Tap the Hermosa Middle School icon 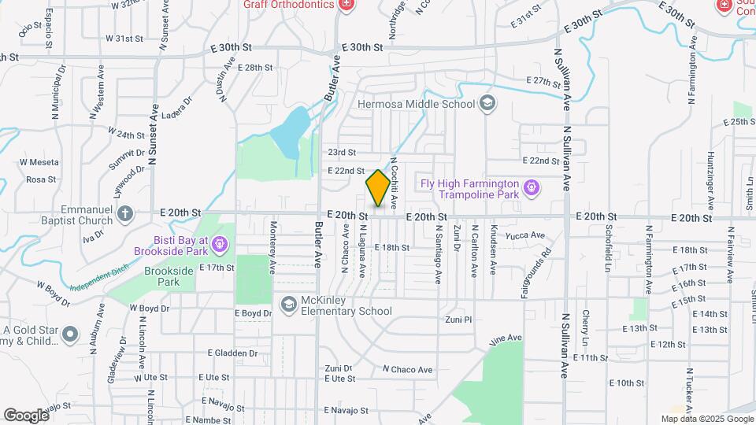pos(487,104)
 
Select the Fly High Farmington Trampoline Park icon pos(532,187)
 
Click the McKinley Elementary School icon pos(289,304)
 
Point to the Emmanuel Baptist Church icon pos(124,213)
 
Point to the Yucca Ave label pos(527,235)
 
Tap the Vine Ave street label pos(506,339)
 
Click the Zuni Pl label pos(458,320)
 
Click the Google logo pos(26,416)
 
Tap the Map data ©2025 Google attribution pos(707,419)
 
